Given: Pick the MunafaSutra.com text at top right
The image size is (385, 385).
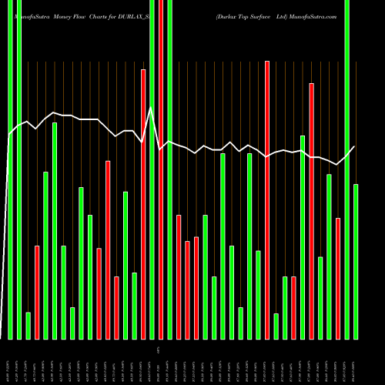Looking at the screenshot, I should point(313,15).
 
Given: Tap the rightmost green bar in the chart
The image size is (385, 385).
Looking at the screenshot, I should point(356,262).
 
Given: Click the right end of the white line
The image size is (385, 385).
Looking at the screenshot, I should point(355,146).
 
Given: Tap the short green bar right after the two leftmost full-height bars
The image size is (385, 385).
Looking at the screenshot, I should point(28,325).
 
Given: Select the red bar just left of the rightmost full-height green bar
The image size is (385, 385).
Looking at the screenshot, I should point(338,278).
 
